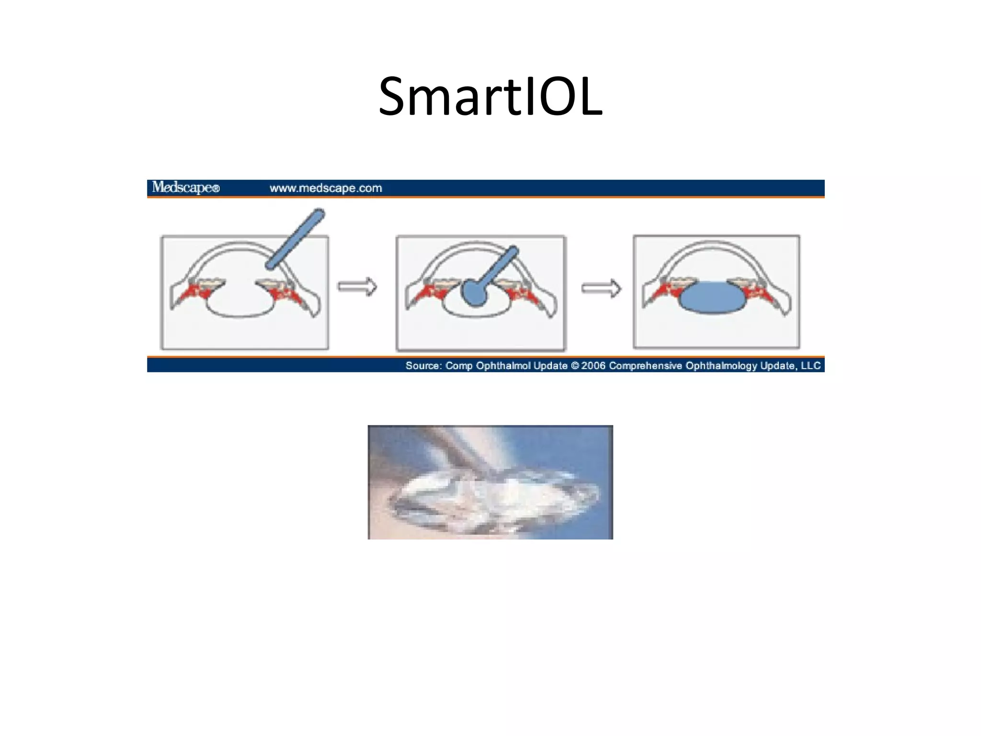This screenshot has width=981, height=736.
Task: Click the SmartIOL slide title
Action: tap(490, 97)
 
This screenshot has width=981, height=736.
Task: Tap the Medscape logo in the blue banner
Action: tap(185, 187)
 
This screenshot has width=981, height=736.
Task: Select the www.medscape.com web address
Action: tap(326, 188)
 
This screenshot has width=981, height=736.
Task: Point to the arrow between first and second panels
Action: tap(357, 287)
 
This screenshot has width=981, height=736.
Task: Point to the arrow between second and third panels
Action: tap(601, 288)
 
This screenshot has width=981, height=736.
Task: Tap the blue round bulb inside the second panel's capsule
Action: tap(475, 294)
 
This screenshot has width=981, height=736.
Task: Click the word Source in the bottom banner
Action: tap(423, 366)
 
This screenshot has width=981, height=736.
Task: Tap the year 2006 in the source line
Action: tap(593, 366)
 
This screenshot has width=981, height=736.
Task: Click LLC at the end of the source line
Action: tap(811, 366)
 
